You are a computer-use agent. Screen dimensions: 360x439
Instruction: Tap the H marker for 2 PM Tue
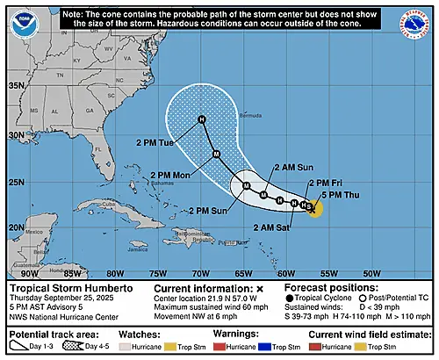(x=201, y=119)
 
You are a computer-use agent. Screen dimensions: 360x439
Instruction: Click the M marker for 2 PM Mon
(x=216, y=155)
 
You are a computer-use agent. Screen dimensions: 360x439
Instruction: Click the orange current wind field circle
(x=313, y=208)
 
